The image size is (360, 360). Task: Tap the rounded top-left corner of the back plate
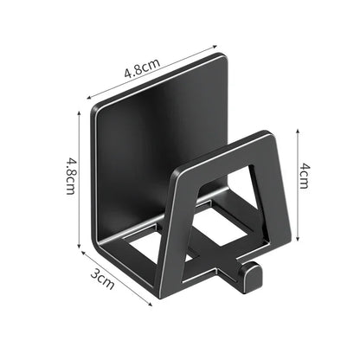pos(96,111)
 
